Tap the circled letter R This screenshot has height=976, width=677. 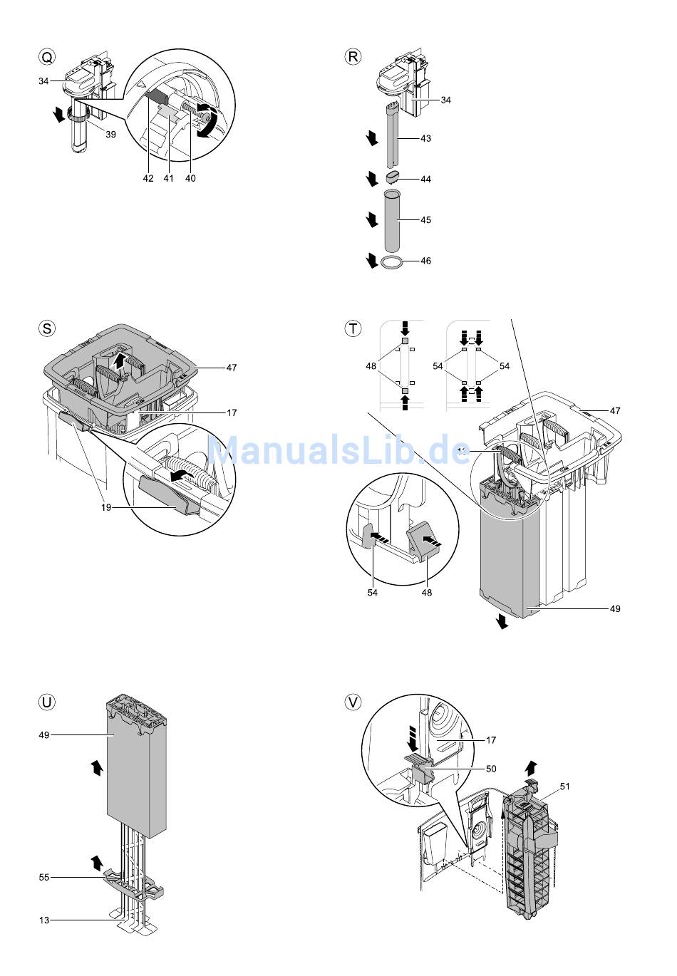click(353, 57)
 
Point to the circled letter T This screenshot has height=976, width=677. click(353, 328)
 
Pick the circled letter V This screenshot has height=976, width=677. click(353, 702)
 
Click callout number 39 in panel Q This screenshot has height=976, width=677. click(110, 135)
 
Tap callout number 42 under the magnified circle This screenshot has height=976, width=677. click(148, 179)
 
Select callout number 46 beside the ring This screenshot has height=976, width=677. click(425, 261)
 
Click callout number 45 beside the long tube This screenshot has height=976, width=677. click(425, 220)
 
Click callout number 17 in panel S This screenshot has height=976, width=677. click(232, 412)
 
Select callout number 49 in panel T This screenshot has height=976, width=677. click(614, 609)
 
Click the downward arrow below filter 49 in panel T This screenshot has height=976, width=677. click(503, 622)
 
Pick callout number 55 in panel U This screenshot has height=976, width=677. click(44, 877)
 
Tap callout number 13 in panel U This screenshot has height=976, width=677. click(44, 920)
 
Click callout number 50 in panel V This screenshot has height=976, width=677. click(491, 769)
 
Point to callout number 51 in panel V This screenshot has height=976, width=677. click(565, 786)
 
